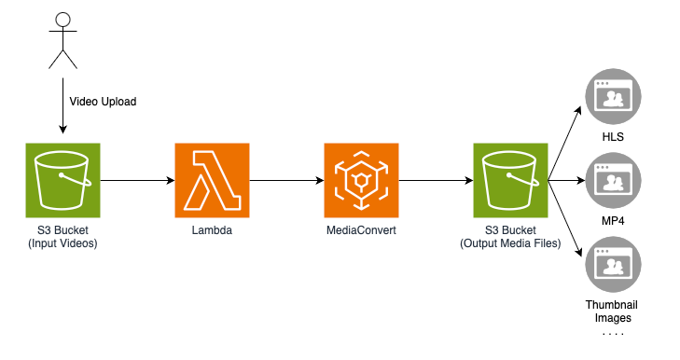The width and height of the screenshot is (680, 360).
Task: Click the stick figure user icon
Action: [x=62, y=41]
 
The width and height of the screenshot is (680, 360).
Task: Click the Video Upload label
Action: [x=103, y=102]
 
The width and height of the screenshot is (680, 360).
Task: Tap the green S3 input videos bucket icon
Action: [x=62, y=180]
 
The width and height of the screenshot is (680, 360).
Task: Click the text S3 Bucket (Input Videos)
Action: [x=62, y=237]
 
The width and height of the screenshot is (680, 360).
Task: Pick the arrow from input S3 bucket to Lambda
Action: [x=136, y=180]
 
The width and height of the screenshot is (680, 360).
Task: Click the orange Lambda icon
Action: [x=212, y=180]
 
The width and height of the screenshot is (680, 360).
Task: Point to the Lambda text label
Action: [x=212, y=230]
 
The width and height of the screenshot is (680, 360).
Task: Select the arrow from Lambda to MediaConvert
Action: [x=285, y=180]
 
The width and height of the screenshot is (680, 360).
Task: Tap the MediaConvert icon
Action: [x=361, y=180]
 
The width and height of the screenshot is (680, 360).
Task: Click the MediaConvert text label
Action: [x=361, y=230]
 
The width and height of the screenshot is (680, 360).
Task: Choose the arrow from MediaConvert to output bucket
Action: [x=435, y=180]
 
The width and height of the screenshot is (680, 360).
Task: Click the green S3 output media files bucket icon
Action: [x=510, y=180]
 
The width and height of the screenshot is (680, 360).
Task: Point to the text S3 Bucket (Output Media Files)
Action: [x=510, y=237]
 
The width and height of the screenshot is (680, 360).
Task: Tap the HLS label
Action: [x=612, y=138]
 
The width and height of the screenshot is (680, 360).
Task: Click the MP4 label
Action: [x=612, y=222]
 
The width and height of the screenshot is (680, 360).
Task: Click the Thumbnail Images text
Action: [x=612, y=312]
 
